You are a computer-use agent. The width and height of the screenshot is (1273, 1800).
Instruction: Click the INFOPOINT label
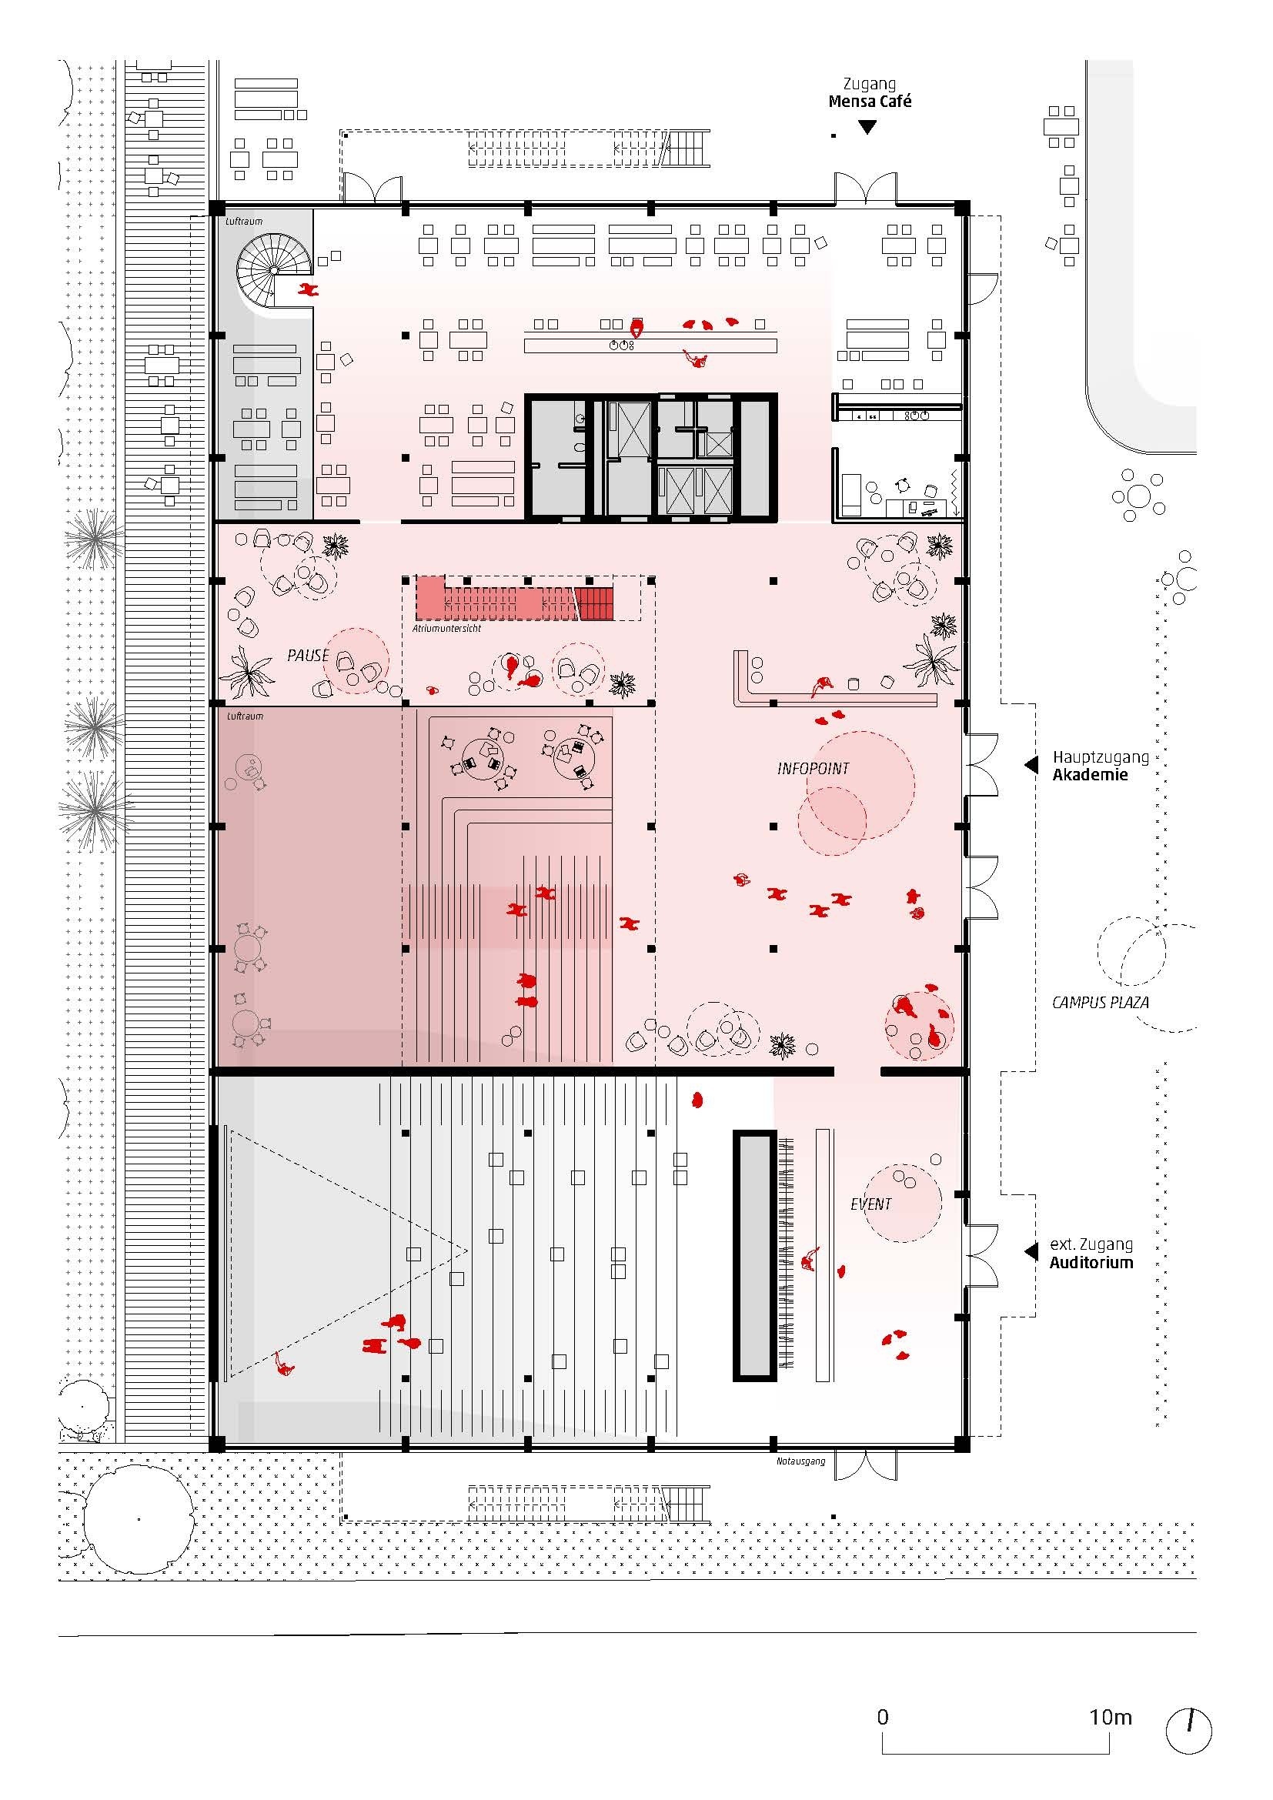(813, 768)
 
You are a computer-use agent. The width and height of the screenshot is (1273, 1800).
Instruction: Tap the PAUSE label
(308, 656)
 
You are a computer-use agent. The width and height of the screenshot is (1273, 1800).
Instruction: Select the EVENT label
(871, 1204)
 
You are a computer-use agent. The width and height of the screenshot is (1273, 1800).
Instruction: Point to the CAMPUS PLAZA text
(1101, 1002)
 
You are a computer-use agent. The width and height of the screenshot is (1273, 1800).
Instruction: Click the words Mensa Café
(870, 101)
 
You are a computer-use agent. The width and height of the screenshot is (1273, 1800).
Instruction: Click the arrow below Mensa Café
(867, 127)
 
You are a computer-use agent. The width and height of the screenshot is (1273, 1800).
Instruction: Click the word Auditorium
(1092, 1262)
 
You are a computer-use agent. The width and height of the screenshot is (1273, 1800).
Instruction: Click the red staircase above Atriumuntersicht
(514, 599)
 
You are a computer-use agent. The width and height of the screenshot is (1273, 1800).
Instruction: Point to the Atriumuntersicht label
(447, 628)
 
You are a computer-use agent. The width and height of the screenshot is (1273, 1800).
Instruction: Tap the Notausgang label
(800, 1461)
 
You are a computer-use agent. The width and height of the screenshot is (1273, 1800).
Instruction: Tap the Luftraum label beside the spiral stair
(244, 221)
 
